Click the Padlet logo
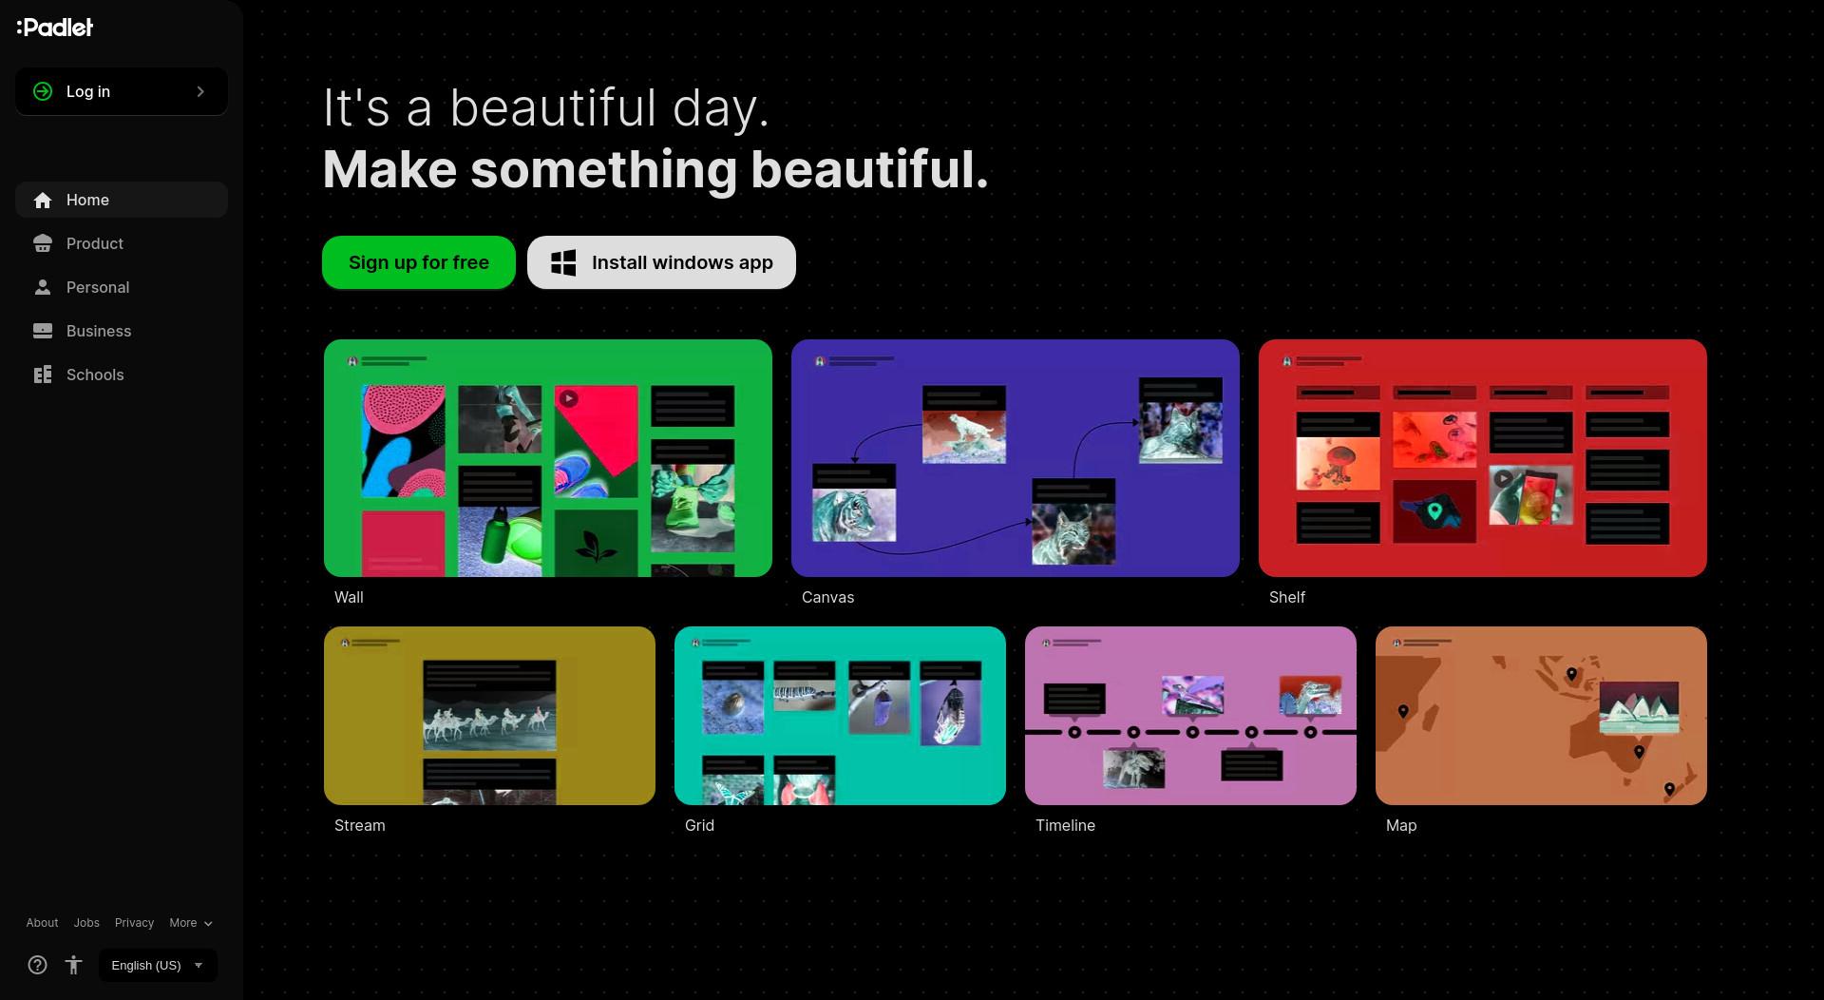(x=55, y=28)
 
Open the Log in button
(x=122, y=91)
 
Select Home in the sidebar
(x=122, y=200)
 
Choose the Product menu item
(x=122, y=243)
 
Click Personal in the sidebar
(x=122, y=287)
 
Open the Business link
(x=122, y=331)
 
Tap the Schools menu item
(x=122, y=375)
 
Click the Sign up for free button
(x=419, y=262)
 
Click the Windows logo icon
(x=563, y=263)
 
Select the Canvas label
(x=827, y=597)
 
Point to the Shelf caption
(x=1287, y=597)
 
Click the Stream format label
(x=359, y=825)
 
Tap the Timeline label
(x=1065, y=825)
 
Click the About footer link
(x=42, y=923)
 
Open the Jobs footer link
(x=86, y=923)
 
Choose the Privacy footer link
(x=134, y=923)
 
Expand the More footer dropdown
(x=191, y=923)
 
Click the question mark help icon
(x=37, y=965)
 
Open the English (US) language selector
(x=158, y=965)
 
